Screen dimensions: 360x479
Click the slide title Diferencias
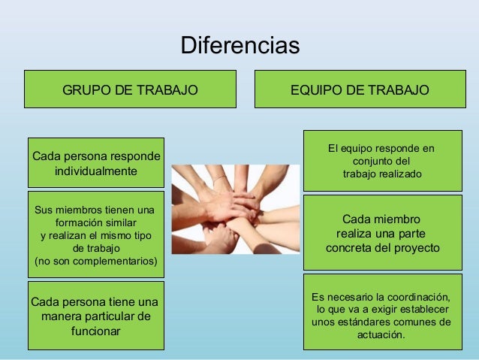[239, 45]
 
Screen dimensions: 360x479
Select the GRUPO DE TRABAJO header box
[130, 89]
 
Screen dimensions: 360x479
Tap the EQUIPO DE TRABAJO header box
[360, 89]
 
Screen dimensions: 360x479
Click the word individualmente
[95, 171]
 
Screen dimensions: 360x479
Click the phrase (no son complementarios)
[96, 262]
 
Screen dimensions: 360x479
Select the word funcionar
[95, 331]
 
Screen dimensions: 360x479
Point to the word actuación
[381, 335]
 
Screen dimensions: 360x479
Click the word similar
[119, 223]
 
